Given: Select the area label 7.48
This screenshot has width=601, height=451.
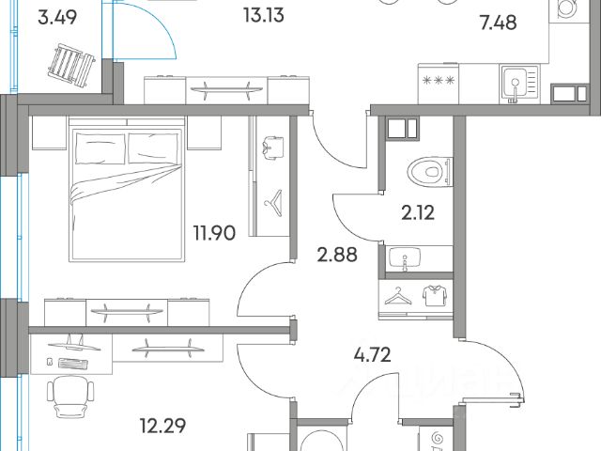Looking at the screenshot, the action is [x=498, y=23].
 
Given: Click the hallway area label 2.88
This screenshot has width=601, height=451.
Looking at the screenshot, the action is [x=337, y=255].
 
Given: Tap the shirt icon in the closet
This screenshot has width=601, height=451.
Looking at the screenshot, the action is [x=434, y=296].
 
